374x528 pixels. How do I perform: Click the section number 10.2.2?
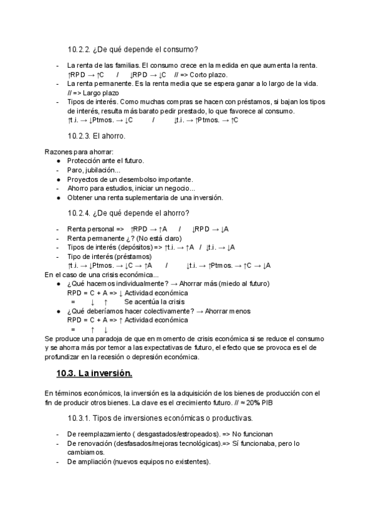79,49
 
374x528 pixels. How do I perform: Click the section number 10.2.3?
79,136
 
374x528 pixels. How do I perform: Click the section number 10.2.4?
79,214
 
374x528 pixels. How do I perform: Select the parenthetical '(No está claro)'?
158,238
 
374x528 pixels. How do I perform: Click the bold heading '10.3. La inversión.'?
94,374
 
